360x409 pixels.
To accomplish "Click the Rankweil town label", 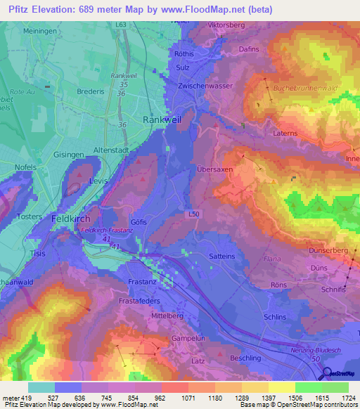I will coord(162,120).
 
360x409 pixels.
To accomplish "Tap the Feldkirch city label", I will coord(70,219).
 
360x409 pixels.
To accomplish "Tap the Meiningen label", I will coord(39,31).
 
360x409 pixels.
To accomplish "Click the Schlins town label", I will coord(275,317).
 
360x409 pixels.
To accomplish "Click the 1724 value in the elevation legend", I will coord(347,398).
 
